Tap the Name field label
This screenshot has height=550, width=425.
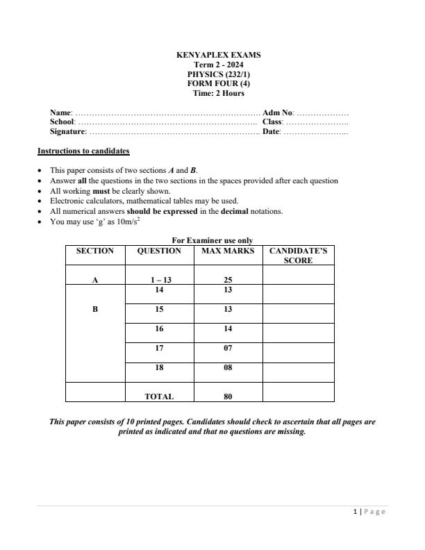click(x=61, y=112)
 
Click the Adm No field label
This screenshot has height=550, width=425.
click(x=278, y=112)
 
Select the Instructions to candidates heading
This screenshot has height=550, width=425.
click(x=83, y=151)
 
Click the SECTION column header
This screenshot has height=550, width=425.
click(x=94, y=251)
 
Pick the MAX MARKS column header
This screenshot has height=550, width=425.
click(x=228, y=251)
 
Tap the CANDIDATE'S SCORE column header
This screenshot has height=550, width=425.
click(x=298, y=256)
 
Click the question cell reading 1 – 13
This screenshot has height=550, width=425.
click(x=159, y=281)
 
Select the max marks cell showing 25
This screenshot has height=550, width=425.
click(x=228, y=281)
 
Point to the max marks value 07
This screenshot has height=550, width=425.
click(x=228, y=349)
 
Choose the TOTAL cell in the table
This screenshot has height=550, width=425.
click(x=159, y=397)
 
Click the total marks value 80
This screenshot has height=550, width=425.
click(x=228, y=397)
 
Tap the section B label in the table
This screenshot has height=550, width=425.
click(x=94, y=310)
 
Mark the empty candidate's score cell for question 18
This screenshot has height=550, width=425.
click(x=298, y=372)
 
